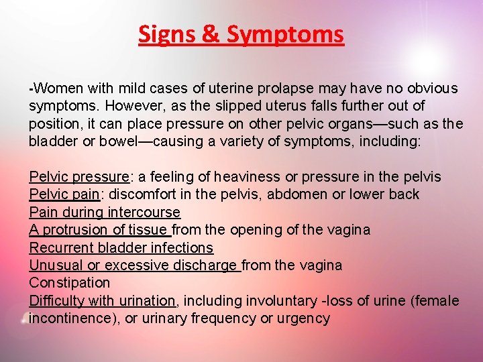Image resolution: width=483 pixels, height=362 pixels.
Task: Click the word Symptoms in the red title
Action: coord(285,34)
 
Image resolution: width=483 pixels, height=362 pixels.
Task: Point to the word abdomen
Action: coord(295,194)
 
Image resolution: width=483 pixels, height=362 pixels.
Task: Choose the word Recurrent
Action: coord(58,248)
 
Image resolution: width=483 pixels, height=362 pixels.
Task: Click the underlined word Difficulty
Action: coord(56,301)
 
